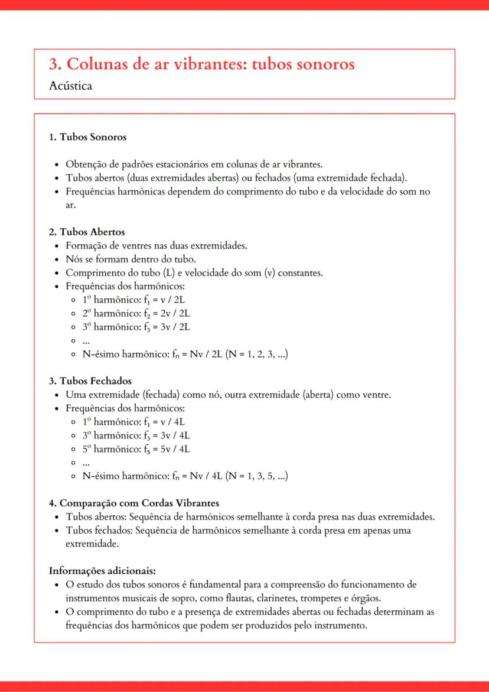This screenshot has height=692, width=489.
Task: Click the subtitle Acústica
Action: pyautogui.click(x=71, y=86)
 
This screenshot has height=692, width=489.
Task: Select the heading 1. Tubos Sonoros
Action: pyautogui.click(x=87, y=137)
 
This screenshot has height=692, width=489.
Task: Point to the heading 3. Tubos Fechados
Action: pyautogui.click(x=90, y=381)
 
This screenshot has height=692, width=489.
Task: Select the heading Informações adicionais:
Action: pyautogui.click(x=102, y=571)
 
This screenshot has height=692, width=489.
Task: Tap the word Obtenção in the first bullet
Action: pyautogui.click(x=86, y=164)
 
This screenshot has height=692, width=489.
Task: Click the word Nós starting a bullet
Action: pyautogui.click(x=73, y=259)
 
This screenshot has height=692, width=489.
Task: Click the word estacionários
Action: pyautogui.click(x=191, y=164)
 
